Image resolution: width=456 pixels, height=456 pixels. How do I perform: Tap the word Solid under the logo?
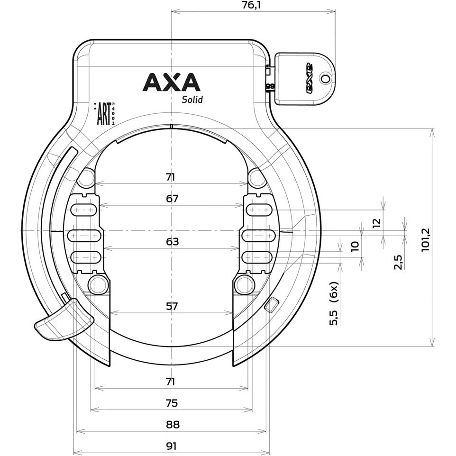(x=192, y=100)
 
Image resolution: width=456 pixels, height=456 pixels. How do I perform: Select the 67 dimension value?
(x=172, y=199)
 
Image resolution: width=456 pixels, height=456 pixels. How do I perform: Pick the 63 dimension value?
(x=172, y=242)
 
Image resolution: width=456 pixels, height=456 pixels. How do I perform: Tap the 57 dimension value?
(x=172, y=306)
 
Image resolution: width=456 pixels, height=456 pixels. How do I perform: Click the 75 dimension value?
(x=172, y=403)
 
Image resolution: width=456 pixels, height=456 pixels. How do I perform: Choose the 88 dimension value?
(x=172, y=424)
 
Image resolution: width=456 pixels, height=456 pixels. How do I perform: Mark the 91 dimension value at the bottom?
(x=172, y=446)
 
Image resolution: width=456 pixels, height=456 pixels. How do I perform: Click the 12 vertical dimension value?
(x=376, y=223)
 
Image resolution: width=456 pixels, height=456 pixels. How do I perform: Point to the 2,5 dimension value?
(x=398, y=262)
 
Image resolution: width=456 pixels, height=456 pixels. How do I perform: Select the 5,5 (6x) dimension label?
(x=334, y=303)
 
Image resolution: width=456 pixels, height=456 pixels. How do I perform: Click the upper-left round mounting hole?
(x=86, y=178)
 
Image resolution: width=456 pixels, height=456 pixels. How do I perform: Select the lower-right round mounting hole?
(x=244, y=284)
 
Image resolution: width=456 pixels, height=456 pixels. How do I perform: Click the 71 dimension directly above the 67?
(x=171, y=177)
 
